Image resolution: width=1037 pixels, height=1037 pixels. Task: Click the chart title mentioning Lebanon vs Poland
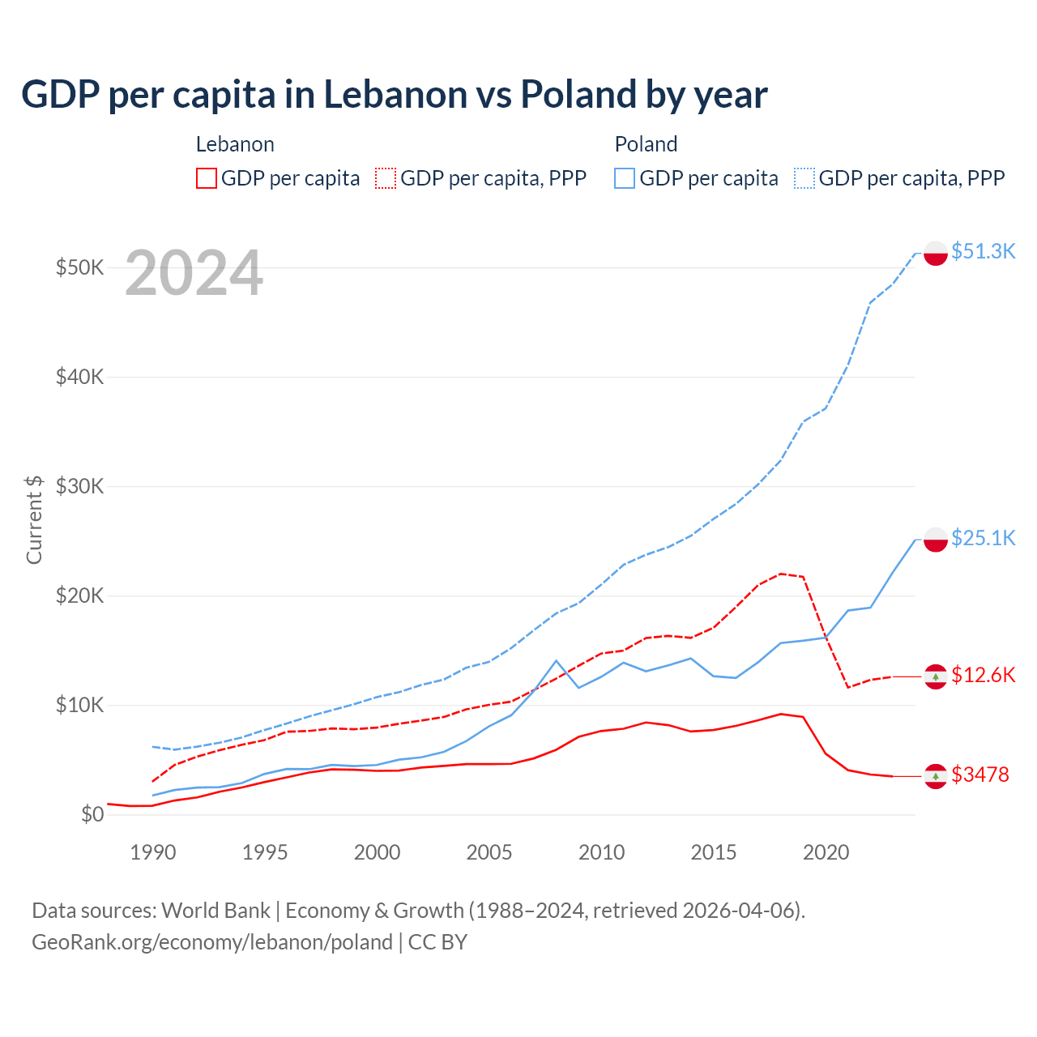(x=394, y=94)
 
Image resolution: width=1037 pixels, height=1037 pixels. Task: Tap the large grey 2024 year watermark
(x=194, y=273)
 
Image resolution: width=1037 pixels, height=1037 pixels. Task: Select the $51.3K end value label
(x=983, y=251)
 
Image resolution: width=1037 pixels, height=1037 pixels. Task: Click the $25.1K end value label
(x=983, y=538)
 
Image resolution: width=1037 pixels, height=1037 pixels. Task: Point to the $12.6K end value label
(x=983, y=675)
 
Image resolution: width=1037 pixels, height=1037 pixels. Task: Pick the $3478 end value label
(x=979, y=775)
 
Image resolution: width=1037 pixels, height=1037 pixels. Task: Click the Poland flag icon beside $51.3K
(x=936, y=253)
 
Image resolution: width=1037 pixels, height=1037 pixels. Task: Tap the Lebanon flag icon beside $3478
(x=936, y=776)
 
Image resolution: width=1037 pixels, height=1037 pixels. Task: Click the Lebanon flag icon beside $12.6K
(x=936, y=676)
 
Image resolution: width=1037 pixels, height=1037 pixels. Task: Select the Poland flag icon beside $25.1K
(x=936, y=540)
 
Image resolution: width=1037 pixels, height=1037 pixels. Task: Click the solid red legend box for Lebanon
(x=207, y=178)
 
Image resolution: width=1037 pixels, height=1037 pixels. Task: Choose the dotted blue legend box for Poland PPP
(x=804, y=178)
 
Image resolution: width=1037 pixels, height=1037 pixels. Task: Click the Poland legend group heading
(x=646, y=144)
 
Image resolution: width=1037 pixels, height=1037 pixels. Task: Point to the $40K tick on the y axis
(x=79, y=377)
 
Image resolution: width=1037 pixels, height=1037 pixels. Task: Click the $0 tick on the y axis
(x=92, y=814)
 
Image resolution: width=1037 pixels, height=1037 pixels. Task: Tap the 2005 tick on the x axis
(x=489, y=852)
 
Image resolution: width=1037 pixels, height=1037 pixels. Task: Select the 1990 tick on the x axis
(x=153, y=852)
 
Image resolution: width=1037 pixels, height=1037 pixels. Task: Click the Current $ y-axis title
(x=34, y=519)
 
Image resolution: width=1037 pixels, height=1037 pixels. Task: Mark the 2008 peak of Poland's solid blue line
(x=556, y=661)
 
